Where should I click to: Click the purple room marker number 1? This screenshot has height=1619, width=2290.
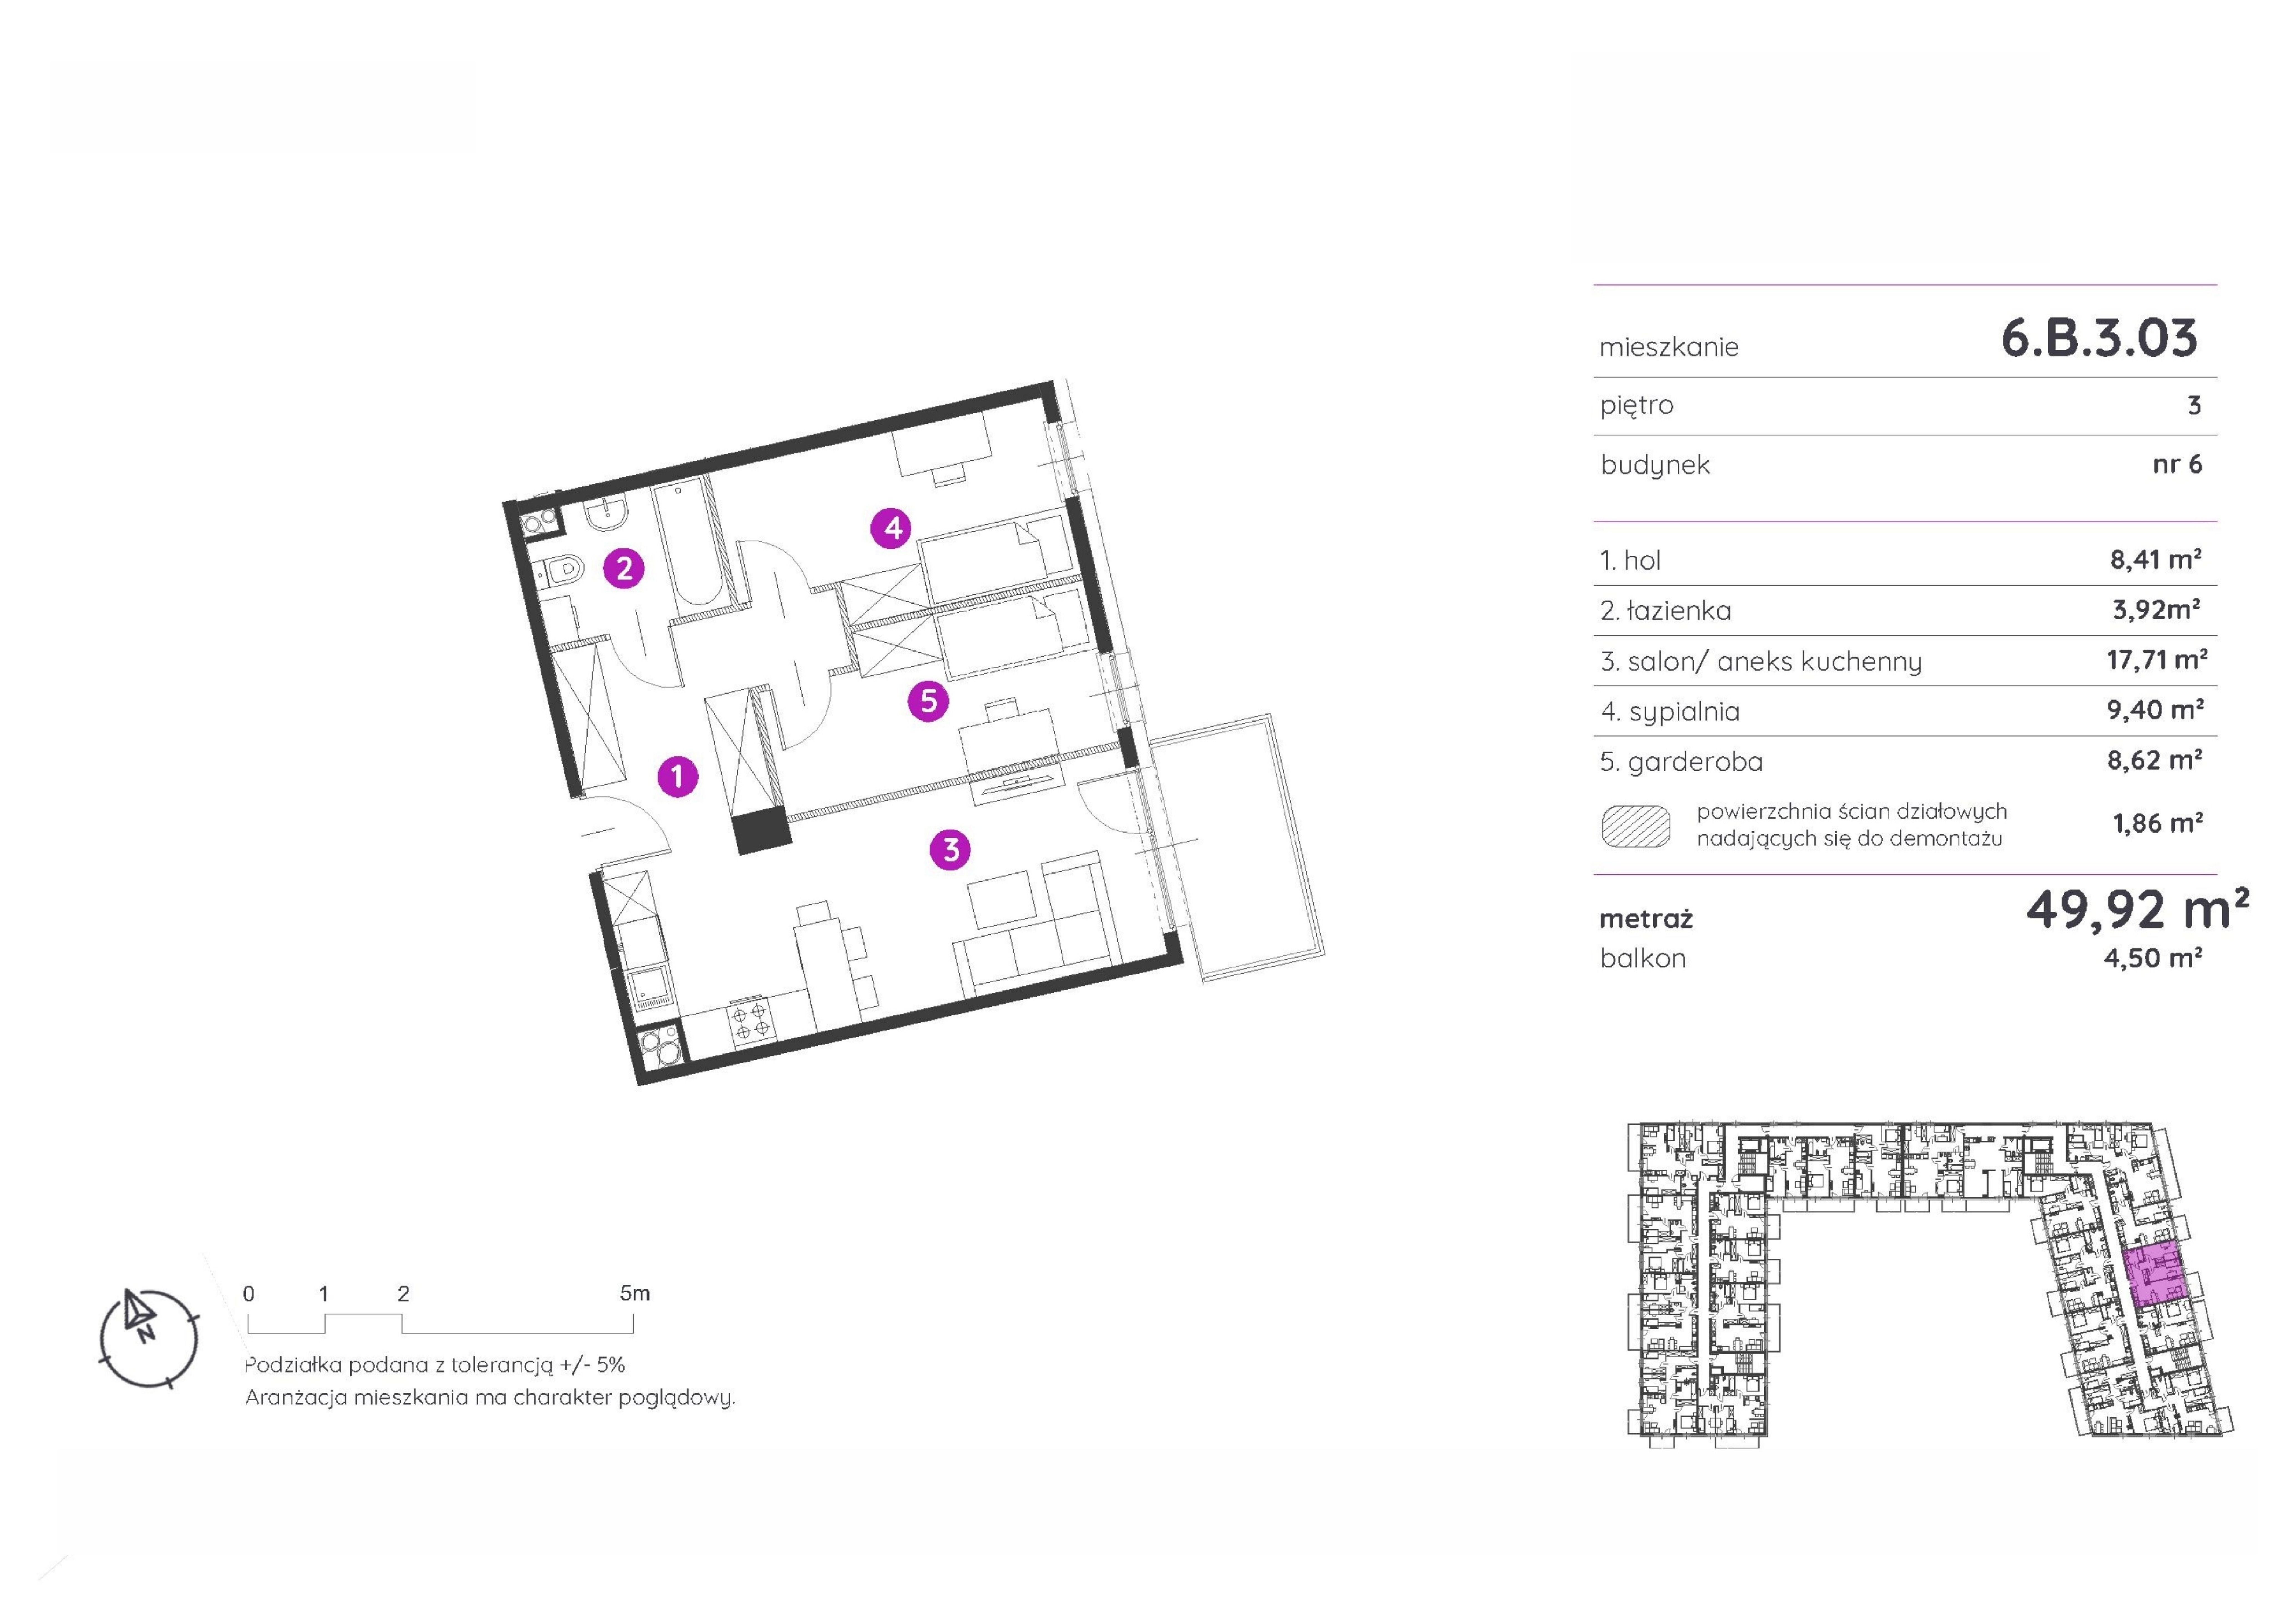(678, 776)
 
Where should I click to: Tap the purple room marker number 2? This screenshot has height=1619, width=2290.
(624, 569)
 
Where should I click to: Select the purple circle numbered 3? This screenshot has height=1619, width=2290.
(950, 850)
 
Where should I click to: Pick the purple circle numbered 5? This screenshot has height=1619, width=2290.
(928, 701)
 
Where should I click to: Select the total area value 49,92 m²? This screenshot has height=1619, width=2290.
(2137, 909)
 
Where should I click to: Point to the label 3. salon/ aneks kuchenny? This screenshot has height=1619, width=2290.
(1760, 661)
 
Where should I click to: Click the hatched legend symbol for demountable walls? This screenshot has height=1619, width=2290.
(1636, 826)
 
